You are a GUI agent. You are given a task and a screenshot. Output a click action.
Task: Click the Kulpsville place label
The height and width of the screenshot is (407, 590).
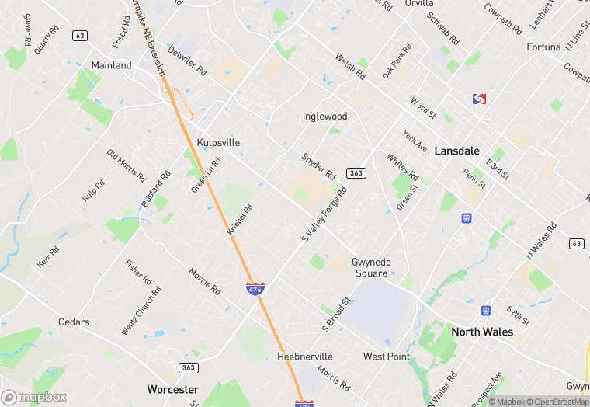(x=218, y=143)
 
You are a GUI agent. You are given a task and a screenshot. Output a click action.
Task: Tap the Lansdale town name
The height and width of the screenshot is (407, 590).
(x=456, y=151)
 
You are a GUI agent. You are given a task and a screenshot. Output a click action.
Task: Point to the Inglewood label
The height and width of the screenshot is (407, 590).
(x=324, y=117)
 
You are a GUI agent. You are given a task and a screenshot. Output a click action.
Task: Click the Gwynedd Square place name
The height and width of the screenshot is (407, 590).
(x=370, y=268)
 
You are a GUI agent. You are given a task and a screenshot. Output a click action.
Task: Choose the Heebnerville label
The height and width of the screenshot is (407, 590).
(x=305, y=357)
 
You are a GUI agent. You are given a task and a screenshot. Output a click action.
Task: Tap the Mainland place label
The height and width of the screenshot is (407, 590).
(x=111, y=65)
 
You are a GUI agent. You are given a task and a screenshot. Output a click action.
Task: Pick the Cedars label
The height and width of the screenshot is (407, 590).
(x=74, y=322)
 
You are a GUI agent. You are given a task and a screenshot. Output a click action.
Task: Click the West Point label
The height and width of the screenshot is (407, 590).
(x=386, y=357)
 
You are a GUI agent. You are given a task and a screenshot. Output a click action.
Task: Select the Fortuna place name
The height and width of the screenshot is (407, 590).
(x=543, y=47)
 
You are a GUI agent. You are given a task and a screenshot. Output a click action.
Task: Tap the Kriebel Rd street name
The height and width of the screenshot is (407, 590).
(x=240, y=221)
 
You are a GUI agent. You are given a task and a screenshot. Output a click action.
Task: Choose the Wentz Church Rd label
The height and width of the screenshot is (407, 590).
(x=141, y=311)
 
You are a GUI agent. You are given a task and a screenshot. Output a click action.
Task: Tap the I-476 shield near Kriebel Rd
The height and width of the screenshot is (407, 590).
(x=255, y=289)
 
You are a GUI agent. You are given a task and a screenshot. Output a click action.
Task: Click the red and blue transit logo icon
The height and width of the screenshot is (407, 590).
(x=479, y=99)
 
